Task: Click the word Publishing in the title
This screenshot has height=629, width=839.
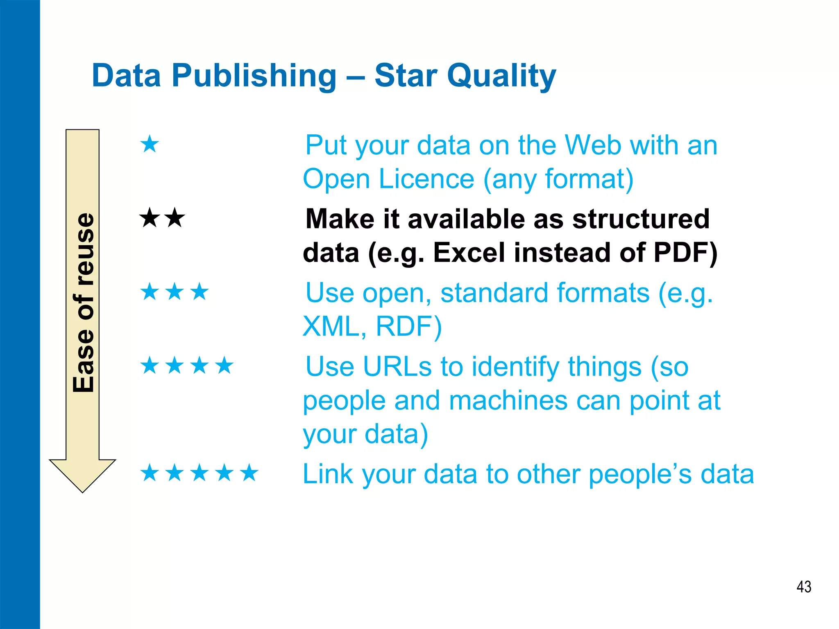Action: coord(254,76)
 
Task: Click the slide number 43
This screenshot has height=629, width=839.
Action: coord(804,586)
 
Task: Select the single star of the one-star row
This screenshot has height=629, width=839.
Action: coord(150,144)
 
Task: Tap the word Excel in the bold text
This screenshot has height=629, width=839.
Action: coord(469,252)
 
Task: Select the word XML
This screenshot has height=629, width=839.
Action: coord(330,326)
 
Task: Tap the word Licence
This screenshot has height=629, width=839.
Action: coord(426,179)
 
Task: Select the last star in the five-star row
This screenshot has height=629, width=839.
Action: coord(249,473)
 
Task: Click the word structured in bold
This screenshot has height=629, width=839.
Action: coord(641,219)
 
